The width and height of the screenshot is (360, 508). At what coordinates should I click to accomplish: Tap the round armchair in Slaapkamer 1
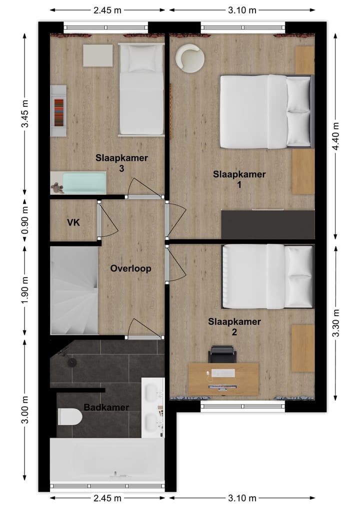point(189,58)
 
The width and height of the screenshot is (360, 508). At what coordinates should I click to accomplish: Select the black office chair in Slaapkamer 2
point(222,354)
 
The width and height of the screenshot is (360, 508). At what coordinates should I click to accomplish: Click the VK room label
point(74,222)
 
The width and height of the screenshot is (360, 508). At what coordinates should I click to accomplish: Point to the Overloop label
point(130,268)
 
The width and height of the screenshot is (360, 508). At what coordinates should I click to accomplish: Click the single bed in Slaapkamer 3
point(141,89)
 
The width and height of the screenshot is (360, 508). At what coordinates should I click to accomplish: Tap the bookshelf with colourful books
point(58,110)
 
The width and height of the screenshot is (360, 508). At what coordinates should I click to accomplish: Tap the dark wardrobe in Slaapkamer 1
point(267,224)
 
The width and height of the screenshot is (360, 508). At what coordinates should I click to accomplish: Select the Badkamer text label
point(106,408)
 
